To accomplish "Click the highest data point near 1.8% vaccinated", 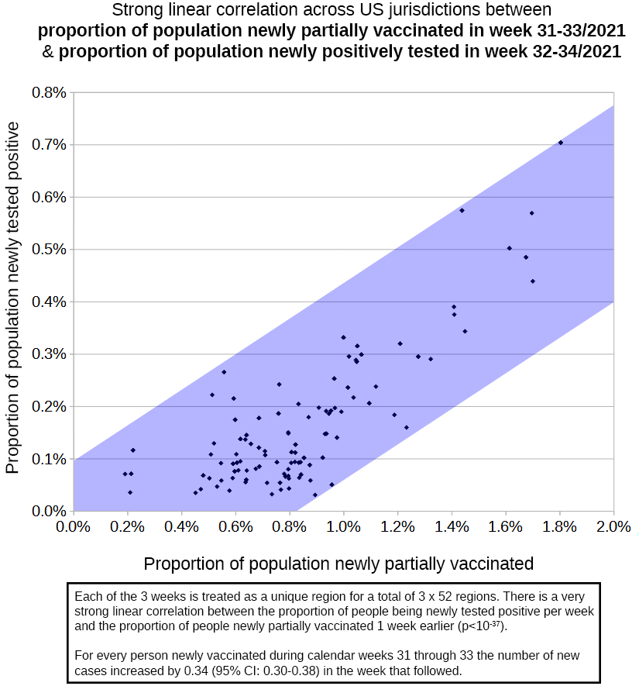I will click(561, 143).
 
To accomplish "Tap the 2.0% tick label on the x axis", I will click(613, 527).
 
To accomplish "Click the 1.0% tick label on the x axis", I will click(343, 527).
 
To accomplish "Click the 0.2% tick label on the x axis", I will click(127, 527).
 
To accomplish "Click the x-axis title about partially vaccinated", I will click(338, 564).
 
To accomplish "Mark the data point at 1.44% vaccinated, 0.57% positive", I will click(462, 210).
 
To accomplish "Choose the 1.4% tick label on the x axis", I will click(452, 527).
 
